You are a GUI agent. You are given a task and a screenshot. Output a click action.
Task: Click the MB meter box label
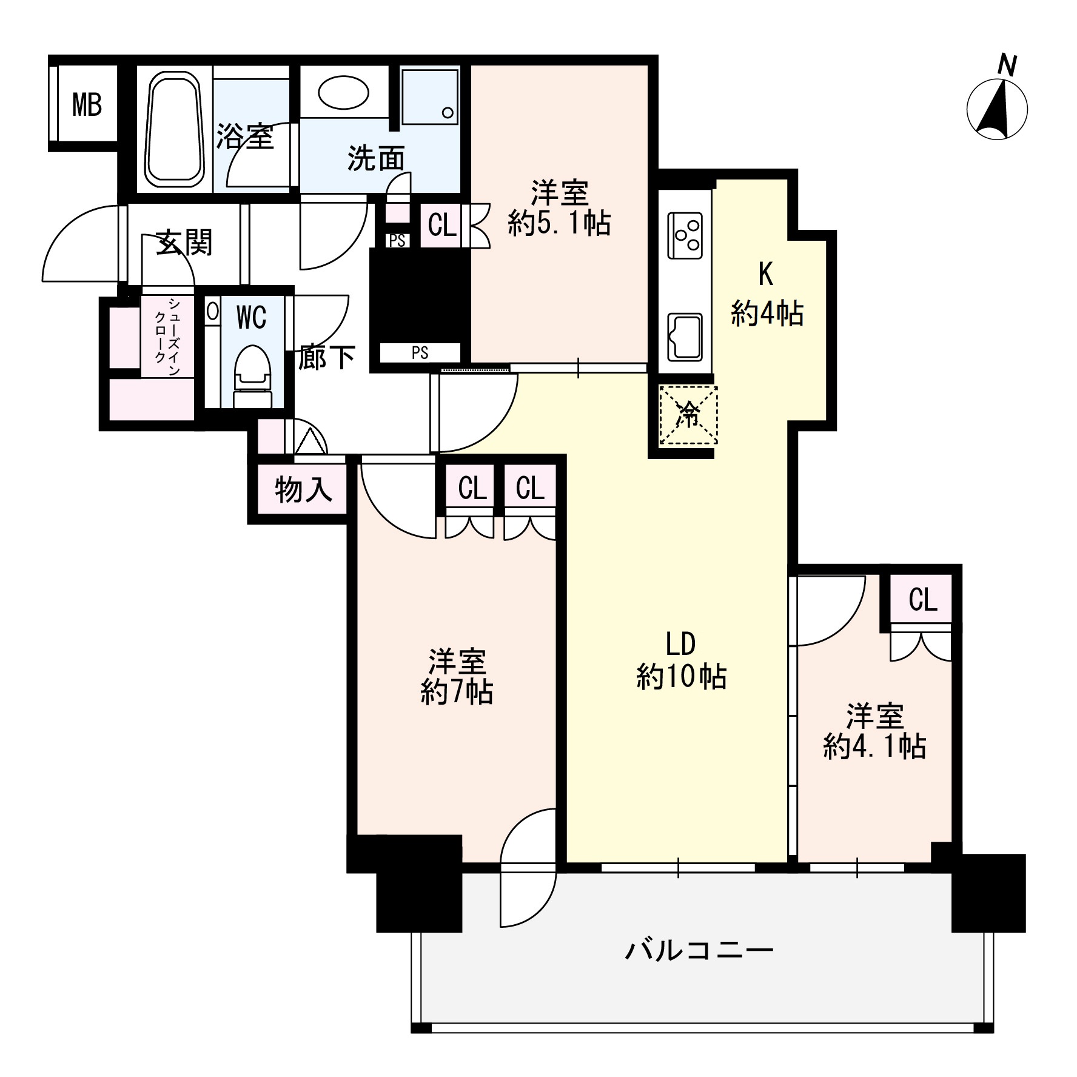click(87, 105)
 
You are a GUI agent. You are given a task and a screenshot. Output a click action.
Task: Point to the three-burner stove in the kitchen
click(685, 235)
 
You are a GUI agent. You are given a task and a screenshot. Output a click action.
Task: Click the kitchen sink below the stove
click(685, 337)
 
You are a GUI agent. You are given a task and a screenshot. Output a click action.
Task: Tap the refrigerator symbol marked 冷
click(688, 415)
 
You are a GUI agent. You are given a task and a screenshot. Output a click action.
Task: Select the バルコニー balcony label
click(699, 948)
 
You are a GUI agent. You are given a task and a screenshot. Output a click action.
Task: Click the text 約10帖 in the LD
click(681, 676)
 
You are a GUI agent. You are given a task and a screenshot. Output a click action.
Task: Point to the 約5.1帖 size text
click(559, 224)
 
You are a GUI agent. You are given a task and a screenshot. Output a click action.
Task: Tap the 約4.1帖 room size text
click(874, 747)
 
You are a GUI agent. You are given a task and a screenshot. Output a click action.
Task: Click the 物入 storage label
click(303, 489)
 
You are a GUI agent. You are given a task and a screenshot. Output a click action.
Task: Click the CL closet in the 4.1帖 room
click(922, 600)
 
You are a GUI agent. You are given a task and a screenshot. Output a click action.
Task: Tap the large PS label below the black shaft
click(420, 352)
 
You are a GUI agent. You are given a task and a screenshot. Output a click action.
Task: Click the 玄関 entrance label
click(184, 243)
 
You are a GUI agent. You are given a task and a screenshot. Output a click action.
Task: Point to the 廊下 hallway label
click(326, 358)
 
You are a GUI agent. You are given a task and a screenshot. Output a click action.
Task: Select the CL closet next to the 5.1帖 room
click(441, 226)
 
